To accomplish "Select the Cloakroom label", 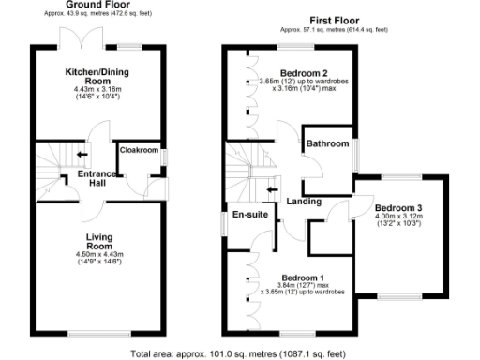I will (138, 149).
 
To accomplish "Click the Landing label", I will (305, 201).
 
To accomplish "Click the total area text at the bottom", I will (240, 353).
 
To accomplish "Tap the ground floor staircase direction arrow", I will (82, 156).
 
